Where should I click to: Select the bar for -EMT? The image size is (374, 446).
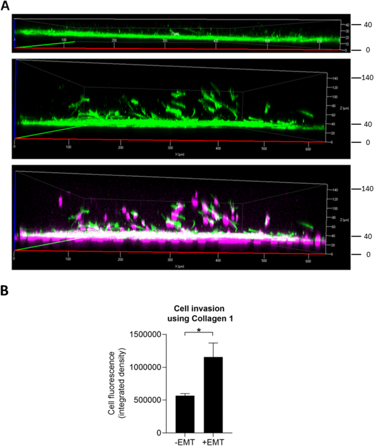185,414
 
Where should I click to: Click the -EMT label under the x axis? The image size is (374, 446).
185,441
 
